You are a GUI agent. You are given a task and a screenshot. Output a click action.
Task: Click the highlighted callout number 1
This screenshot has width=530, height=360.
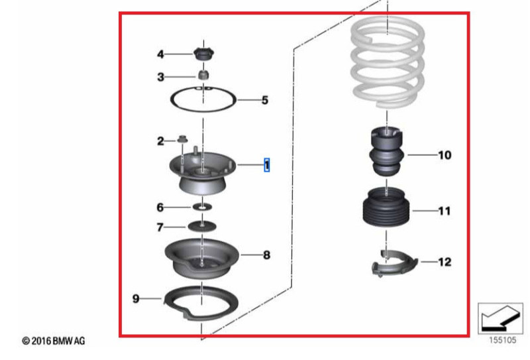coord(267,165)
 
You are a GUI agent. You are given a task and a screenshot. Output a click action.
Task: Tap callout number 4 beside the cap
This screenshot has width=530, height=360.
coord(160,54)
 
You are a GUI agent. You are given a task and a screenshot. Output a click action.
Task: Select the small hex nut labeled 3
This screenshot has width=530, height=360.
coord(203,75)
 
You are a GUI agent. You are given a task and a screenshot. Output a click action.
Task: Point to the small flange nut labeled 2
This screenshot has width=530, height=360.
coord(183,139)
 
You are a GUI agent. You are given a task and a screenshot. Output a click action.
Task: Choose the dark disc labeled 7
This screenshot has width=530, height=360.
coord(202,226)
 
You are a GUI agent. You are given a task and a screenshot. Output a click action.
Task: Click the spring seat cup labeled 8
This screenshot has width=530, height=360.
coord(202,259)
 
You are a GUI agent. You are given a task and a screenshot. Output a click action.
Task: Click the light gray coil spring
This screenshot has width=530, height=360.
coord(387,61)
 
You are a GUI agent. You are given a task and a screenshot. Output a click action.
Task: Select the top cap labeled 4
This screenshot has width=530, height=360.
coord(204,54)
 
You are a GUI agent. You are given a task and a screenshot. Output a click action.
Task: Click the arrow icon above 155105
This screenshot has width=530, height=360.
coord(500,318)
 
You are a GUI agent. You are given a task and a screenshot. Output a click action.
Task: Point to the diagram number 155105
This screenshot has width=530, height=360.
coord(503,340)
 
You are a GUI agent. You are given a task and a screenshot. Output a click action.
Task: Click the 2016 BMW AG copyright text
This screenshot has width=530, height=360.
coord(54,341)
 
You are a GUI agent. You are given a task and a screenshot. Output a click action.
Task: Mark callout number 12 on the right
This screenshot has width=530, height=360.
coord(445,262)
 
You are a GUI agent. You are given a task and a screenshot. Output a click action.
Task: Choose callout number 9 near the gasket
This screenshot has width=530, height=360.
coord(136,299)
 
